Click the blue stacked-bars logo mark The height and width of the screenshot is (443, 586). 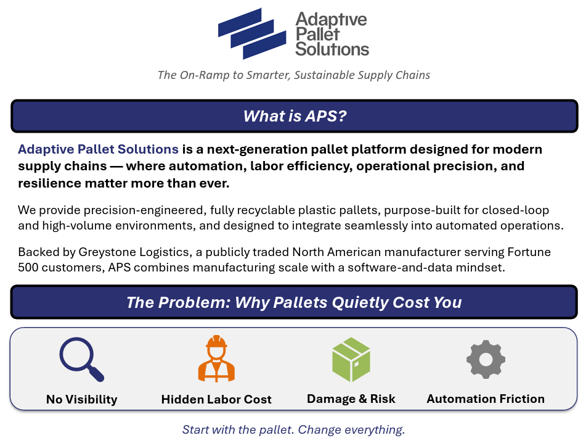[252, 34]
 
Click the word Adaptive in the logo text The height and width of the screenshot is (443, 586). [331, 19]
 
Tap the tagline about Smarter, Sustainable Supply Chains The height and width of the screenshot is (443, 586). [294, 75]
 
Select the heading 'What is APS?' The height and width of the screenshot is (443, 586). [295, 116]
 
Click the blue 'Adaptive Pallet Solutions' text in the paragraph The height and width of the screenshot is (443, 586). [99, 149]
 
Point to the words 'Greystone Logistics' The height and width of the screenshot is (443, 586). [134, 252]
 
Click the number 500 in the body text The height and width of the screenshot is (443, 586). [28, 268]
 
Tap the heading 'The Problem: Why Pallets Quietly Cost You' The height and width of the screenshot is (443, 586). [294, 302]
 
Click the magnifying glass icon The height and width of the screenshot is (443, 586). [81, 359]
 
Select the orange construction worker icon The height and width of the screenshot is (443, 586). [216, 358]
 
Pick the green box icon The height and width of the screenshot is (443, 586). [351, 359]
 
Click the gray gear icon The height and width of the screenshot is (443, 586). [486, 359]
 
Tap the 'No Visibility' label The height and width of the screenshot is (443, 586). [81, 399]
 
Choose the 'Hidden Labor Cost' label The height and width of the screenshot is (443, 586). [216, 399]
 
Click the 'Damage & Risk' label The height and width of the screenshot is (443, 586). [351, 399]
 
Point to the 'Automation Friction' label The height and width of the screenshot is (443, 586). [486, 399]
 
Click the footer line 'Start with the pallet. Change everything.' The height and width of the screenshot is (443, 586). [293, 429]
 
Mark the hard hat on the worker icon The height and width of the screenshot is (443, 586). [216, 341]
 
